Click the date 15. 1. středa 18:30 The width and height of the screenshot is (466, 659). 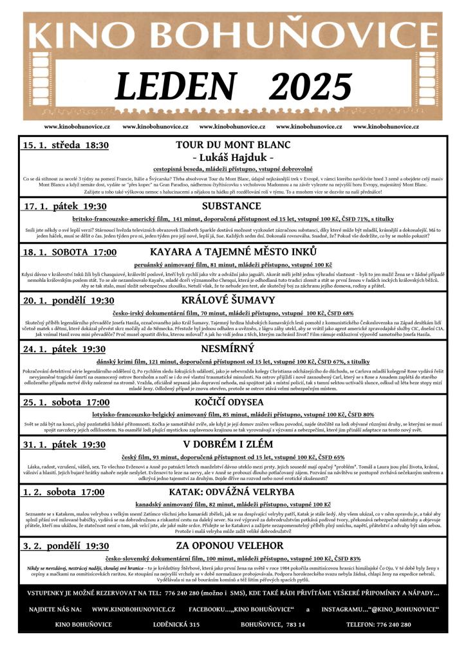[66, 145]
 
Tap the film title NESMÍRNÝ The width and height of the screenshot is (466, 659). [233, 349]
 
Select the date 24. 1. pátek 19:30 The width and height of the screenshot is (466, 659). [64, 349]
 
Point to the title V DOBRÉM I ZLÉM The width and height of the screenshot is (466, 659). [233, 444]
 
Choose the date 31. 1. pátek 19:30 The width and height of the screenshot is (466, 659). [64, 445]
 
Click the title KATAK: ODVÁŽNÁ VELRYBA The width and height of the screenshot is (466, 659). [233, 492]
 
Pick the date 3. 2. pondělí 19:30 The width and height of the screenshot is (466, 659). [66, 546]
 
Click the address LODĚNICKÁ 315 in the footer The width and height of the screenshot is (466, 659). [176, 624]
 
